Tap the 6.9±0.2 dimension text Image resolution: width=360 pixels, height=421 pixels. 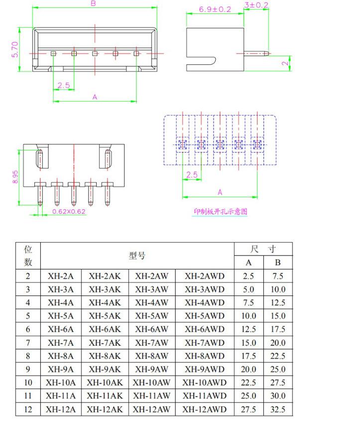215,9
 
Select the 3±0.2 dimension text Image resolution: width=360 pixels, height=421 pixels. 256,5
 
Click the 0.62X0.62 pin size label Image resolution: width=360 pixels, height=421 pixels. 69,211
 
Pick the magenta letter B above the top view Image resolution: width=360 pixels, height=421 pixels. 94,4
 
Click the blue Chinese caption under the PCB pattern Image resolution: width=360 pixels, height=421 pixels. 221,211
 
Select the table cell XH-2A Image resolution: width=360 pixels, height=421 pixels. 60,276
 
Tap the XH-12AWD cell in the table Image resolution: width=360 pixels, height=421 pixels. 204,410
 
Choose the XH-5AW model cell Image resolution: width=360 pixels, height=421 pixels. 151,316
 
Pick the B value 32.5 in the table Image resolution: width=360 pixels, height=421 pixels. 277,410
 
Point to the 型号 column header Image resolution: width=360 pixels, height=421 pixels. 137,256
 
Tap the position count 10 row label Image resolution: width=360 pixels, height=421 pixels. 28,383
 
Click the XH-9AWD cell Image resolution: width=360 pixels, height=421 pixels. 204,370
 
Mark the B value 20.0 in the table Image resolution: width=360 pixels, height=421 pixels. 277,343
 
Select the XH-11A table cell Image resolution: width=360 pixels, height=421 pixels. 60,396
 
